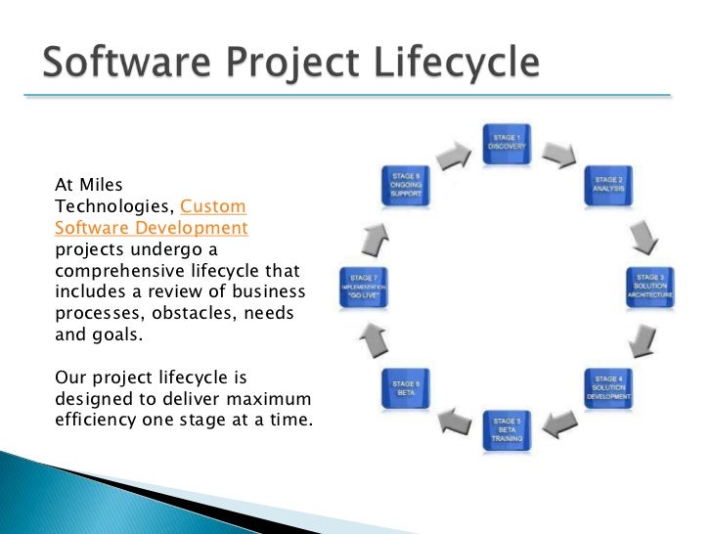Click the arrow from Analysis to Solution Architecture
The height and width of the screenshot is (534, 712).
point(641,234)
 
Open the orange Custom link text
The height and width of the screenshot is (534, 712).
point(214,207)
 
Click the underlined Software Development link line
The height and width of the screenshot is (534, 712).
point(151,227)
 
